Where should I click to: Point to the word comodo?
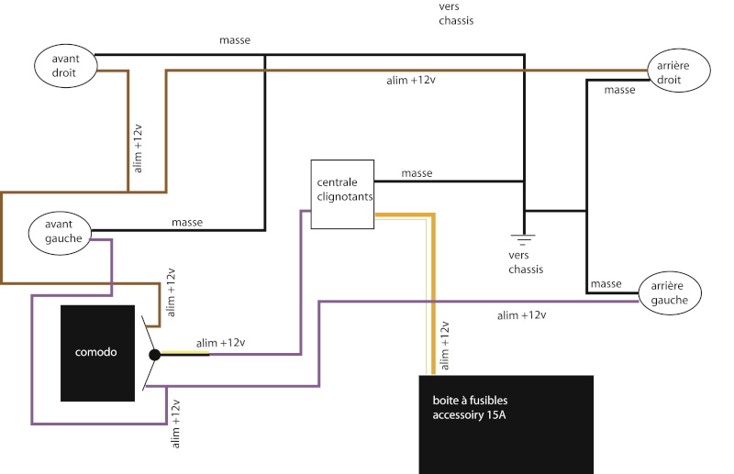pos(96,353)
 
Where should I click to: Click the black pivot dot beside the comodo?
pos(155,354)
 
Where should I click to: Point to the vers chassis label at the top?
pos(458,14)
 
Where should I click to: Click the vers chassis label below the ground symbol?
pos(525,263)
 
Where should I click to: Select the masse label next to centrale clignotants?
pos(417,173)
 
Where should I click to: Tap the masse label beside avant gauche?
pos(187,223)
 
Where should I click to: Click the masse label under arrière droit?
pos(620,90)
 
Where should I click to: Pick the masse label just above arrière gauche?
pos(606,283)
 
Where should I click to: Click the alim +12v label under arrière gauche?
pos(521,315)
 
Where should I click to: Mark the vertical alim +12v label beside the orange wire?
pos(445,346)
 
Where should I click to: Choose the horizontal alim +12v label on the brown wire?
pos(411,81)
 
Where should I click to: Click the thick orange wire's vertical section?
pos(430,293)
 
